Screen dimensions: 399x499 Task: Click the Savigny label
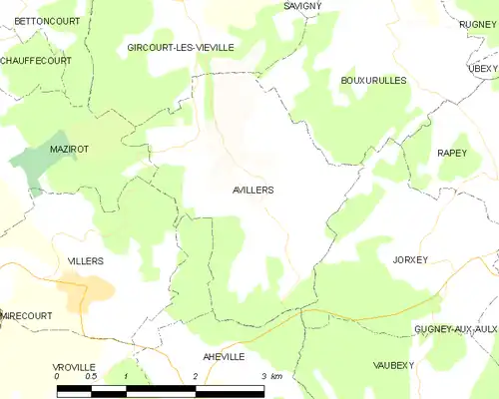coord(302,6)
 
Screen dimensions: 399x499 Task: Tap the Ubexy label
coord(483,68)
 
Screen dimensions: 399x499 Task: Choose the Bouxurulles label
coord(374,80)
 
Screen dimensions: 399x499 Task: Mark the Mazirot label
coord(70,149)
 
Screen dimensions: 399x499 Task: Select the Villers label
coord(86,260)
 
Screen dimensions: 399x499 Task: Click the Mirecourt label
coord(27,314)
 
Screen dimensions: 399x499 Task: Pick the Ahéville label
coord(224,356)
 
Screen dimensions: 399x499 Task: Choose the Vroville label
coord(75,367)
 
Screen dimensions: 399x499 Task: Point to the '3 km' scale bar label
coord(270,376)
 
